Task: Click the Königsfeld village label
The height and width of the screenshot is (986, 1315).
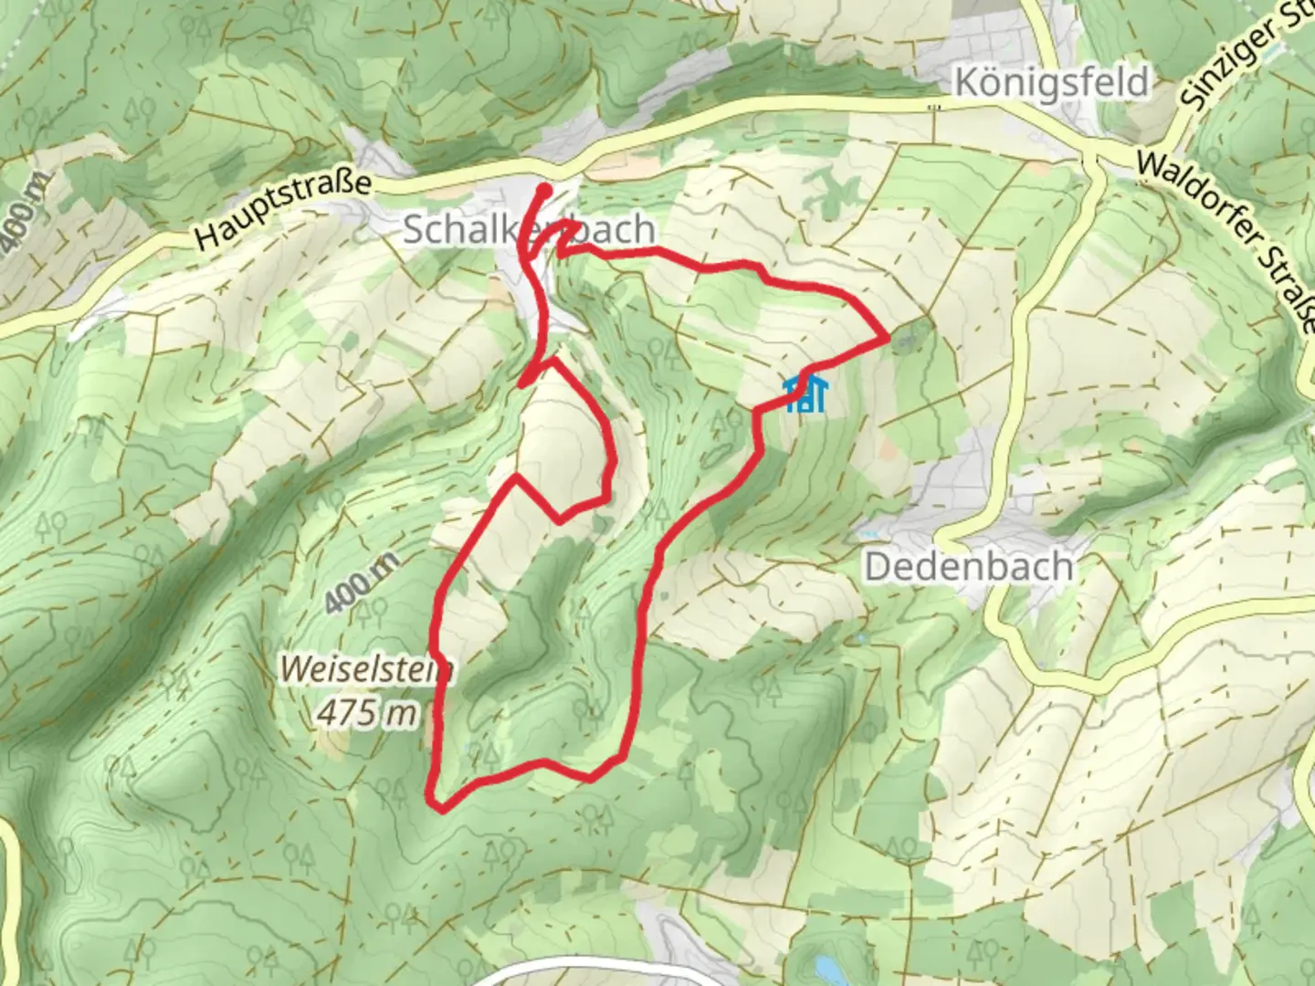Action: tap(1050, 83)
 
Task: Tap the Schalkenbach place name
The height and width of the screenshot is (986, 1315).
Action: tap(528, 229)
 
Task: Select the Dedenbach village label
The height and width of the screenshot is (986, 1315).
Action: tap(968, 567)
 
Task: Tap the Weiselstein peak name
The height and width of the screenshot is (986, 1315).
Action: tap(365, 669)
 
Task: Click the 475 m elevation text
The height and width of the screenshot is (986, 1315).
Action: tap(365, 712)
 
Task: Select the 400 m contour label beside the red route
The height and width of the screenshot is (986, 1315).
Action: tap(361, 582)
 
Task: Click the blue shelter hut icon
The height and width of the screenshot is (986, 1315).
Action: tap(805, 393)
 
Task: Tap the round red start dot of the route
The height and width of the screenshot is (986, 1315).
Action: tap(544, 190)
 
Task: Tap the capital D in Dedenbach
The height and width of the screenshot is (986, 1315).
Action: tap(876, 567)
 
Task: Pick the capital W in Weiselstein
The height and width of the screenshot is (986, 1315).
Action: tap(294, 669)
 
